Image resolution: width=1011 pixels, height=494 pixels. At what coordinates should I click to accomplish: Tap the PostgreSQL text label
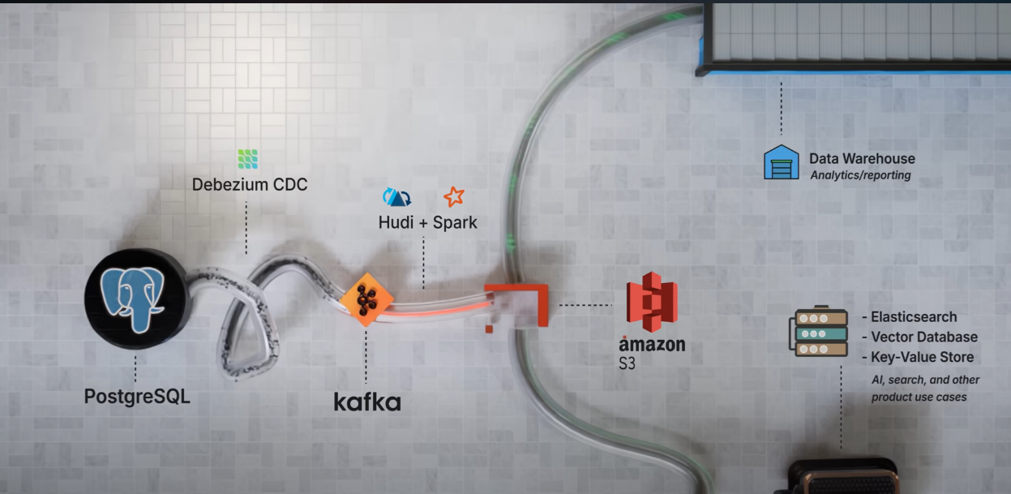tap(137, 397)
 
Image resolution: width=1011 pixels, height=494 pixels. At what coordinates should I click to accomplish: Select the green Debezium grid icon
tap(248, 159)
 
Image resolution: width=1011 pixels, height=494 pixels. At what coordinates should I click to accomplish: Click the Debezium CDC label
tap(250, 184)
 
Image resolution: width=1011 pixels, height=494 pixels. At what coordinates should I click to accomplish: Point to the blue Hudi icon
tap(396, 197)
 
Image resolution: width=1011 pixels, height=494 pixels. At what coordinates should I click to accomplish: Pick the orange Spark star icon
tap(453, 196)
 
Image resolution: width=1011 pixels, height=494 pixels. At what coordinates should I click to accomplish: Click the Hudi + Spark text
tap(427, 221)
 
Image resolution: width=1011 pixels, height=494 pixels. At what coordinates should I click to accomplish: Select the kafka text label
tap(367, 402)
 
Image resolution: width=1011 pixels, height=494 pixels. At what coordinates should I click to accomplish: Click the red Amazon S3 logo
tap(652, 302)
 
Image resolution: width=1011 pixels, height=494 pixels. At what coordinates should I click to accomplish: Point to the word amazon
tap(652, 344)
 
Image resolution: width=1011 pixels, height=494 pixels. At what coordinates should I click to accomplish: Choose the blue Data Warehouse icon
tap(782, 162)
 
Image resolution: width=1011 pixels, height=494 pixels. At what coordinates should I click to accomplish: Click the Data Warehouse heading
tap(862, 159)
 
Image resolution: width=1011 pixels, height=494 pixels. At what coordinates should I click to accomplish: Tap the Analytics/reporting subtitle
tap(860, 175)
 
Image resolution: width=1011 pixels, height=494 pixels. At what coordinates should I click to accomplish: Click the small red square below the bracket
tap(488, 329)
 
